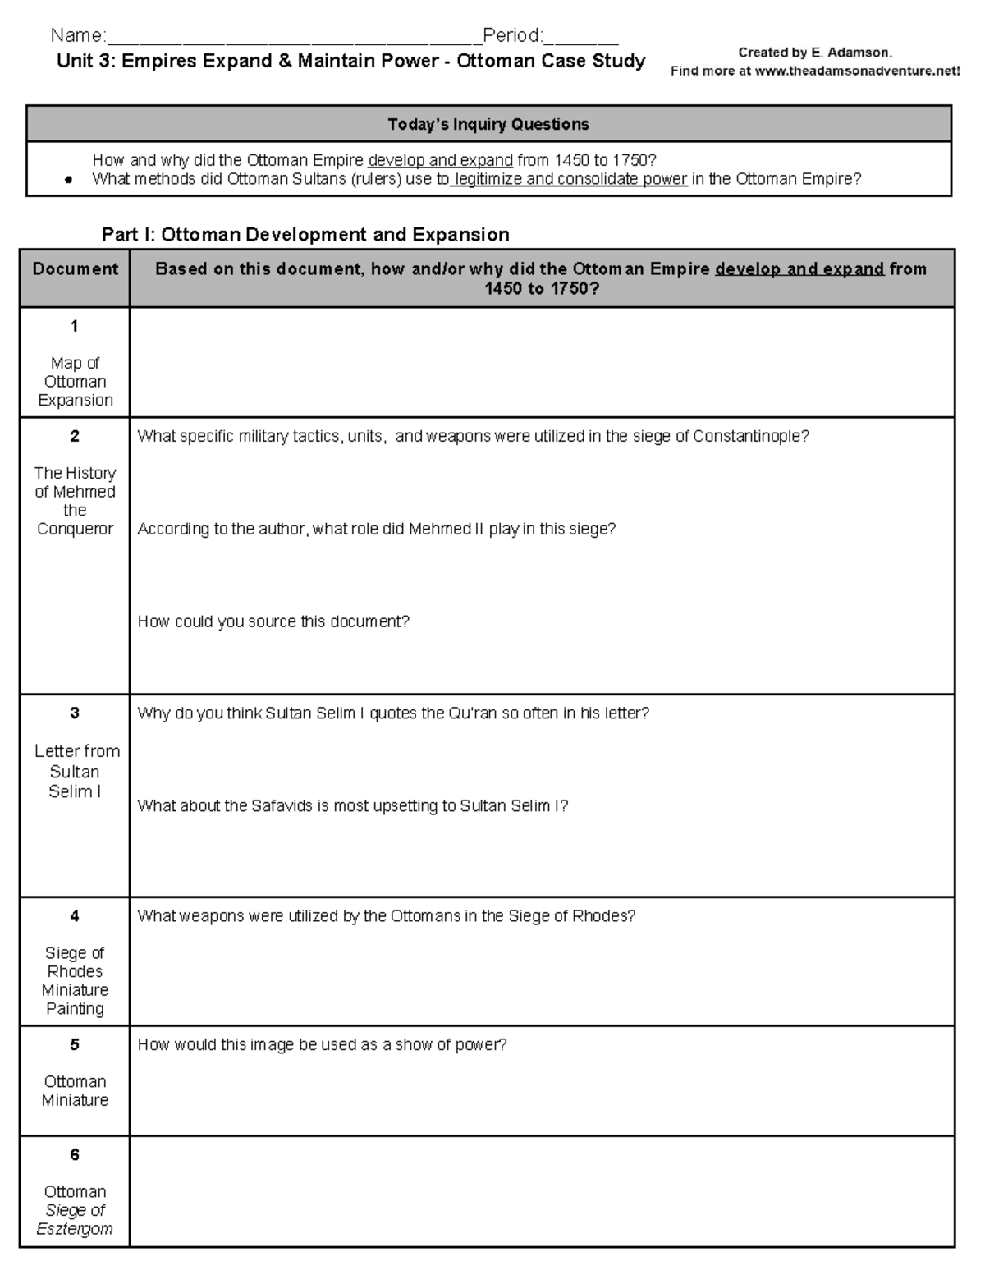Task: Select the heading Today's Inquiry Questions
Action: coord(488,125)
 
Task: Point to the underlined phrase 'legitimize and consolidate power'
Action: coord(570,179)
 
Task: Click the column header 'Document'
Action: coord(75,269)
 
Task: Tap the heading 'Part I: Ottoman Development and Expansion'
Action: coord(305,235)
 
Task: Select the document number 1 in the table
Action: coord(75,327)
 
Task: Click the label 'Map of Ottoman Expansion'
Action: coord(75,382)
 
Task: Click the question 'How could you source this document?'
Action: coord(273,622)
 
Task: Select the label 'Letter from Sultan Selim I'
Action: coord(76,772)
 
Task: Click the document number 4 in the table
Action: coord(75,916)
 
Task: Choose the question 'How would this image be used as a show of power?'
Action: coord(322,1045)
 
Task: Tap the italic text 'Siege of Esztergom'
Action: coord(75,1220)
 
